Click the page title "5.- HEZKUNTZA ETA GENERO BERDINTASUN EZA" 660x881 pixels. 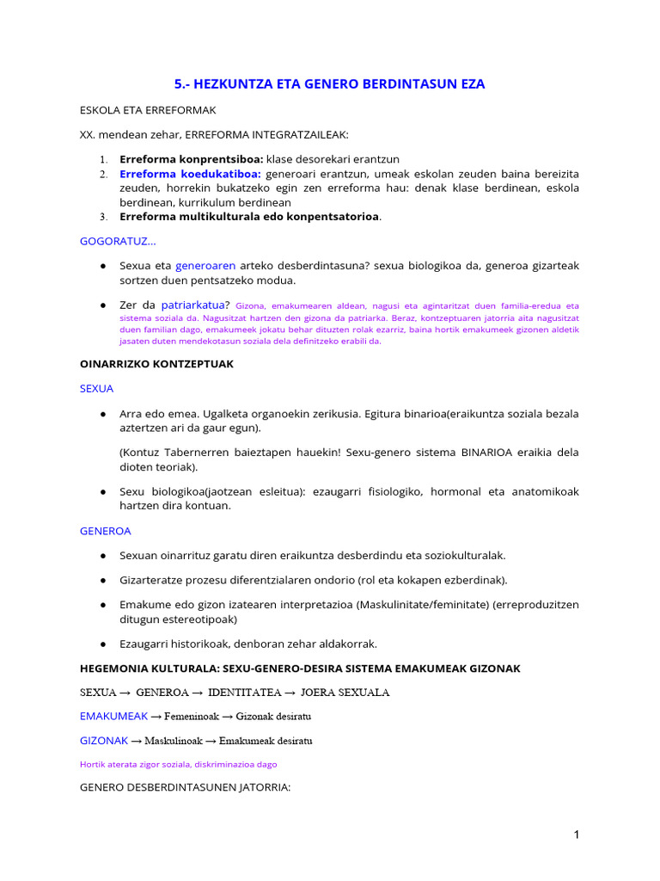(329, 83)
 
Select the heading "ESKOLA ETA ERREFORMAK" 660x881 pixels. (148, 110)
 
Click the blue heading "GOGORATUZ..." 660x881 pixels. (118, 241)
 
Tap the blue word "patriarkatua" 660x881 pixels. (195, 305)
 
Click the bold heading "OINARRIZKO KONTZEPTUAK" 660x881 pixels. (156, 364)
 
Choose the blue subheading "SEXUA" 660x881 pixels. (96, 388)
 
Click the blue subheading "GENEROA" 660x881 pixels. (105, 531)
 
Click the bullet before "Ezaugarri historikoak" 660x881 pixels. (103, 644)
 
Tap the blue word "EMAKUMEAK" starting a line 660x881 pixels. (113, 716)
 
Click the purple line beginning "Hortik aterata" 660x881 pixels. (178, 763)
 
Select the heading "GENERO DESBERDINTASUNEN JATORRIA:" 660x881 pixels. (186, 786)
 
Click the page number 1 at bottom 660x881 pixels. (577, 834)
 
